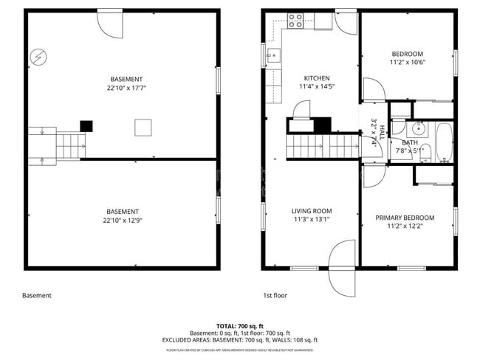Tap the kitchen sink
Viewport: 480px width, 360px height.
click(272, 54)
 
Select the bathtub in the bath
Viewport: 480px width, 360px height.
click(443, 142)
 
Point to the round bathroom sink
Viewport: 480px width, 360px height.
click(417, 127)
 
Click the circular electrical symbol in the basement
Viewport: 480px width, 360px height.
click(38, 56)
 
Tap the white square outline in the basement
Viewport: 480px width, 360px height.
click(143, 128)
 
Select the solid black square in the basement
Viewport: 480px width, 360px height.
click(86, 125)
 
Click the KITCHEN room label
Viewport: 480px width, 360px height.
click(317, 78)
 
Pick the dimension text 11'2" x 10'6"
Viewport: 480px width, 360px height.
click(408, 63)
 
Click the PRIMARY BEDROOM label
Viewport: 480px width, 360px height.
click(405, 218)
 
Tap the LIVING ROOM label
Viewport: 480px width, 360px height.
click(311, 210)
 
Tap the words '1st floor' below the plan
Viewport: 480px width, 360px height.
click(274, 296)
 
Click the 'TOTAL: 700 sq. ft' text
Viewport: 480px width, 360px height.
click(240, 325)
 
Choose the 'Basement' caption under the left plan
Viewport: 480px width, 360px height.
click(37, 296)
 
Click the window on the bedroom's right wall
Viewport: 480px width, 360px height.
click(455, 63)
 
